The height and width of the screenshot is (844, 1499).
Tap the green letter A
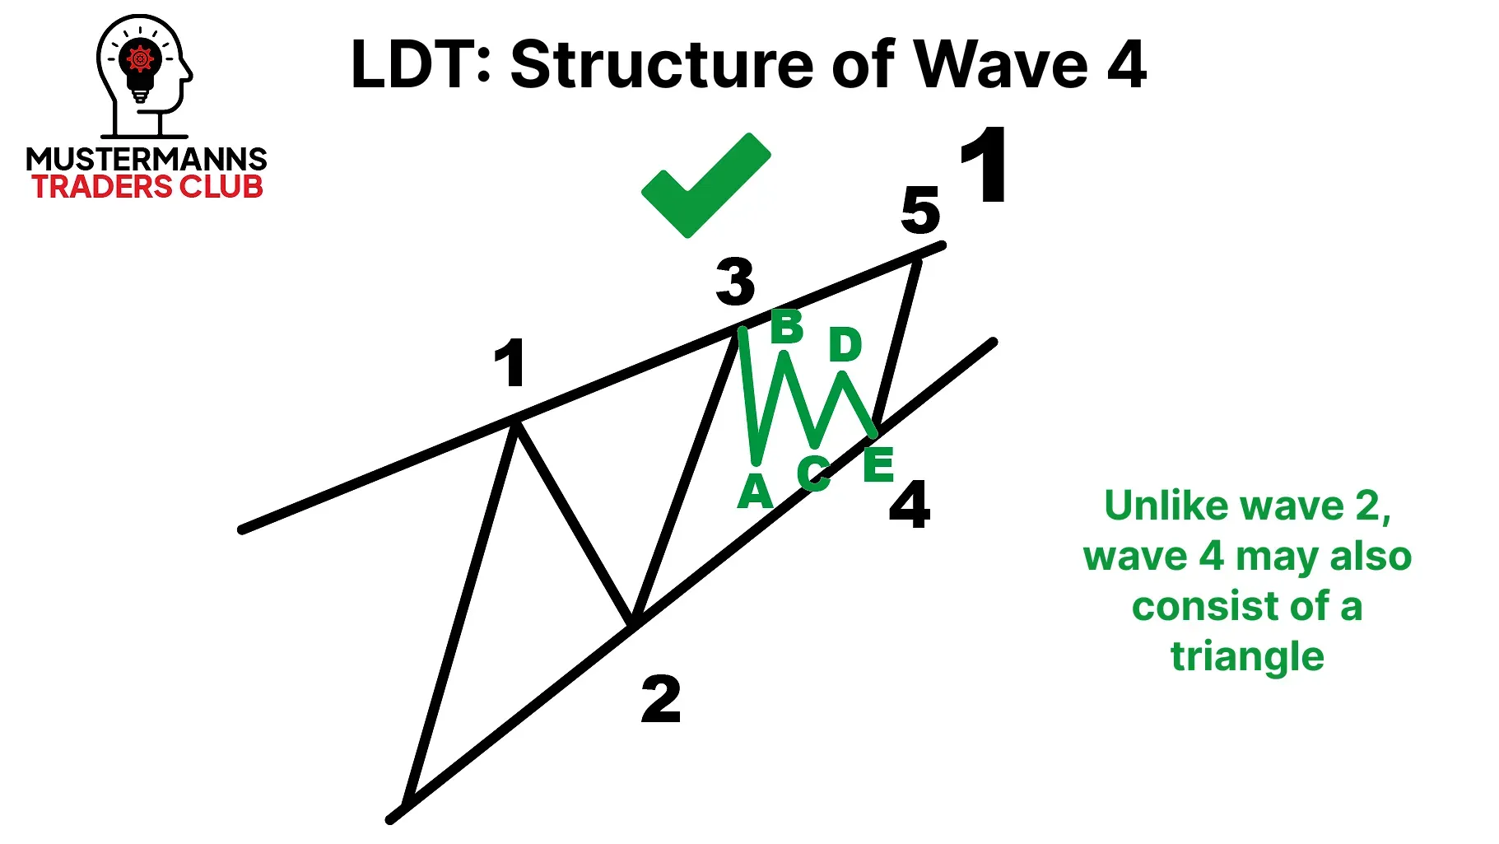point(755,492)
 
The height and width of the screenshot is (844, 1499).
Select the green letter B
point(787,327)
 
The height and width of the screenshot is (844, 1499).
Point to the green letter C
point(813,473)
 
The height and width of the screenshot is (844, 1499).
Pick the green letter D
point(845,344)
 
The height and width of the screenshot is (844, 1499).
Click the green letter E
point(878,464)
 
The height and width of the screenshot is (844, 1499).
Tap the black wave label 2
point(661,699)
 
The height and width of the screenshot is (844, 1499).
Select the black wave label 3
point(735,281)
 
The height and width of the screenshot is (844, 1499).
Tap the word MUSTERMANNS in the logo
point(147,159)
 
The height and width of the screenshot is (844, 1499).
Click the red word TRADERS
point(102,187)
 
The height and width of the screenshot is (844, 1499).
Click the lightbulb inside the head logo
point(141,69)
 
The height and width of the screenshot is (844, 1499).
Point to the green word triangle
point(1247,657)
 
